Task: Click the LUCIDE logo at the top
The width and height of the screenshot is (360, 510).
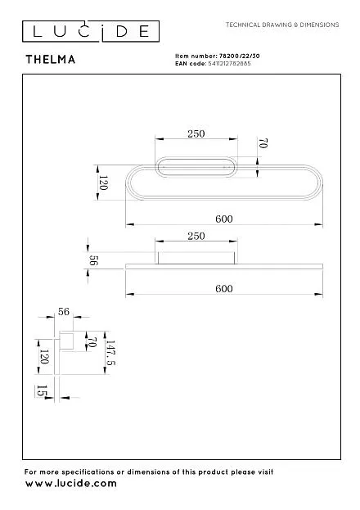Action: [91, 31]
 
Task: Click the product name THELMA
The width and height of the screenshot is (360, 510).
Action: [51, 60]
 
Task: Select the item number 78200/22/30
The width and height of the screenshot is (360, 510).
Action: [240, 56]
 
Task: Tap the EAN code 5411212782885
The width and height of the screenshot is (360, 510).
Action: [229, 63]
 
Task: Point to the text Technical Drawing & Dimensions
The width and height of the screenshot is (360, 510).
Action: [282, 25]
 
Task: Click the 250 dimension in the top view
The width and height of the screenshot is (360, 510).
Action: [196, 133]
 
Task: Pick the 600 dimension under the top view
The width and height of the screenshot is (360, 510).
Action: [224, 219]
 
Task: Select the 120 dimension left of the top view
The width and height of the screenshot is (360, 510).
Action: [103, 183]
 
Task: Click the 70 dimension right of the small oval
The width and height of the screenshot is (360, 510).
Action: [263, 143]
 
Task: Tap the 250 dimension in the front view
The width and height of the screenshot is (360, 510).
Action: [196, 236]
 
